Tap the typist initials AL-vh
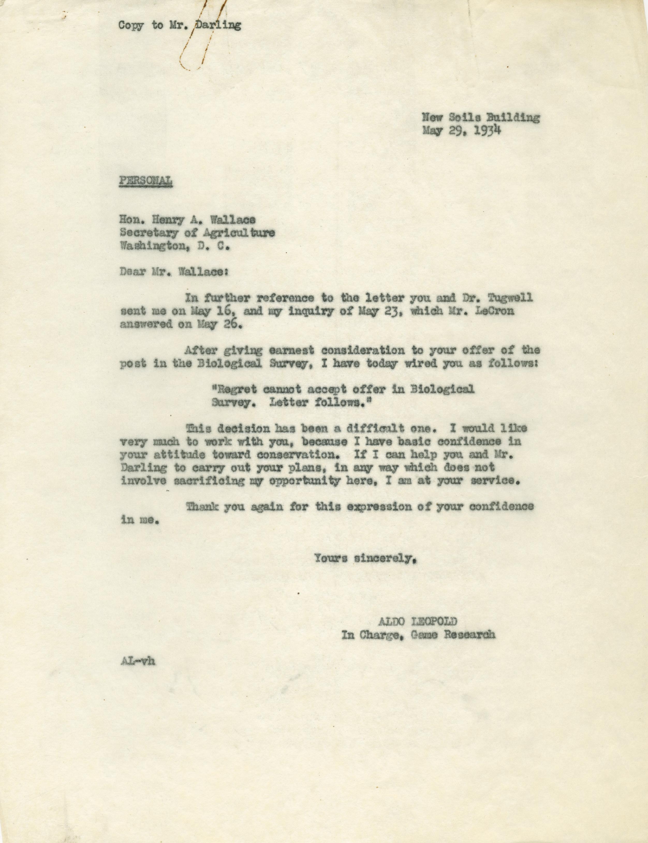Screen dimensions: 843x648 [137, 661]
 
